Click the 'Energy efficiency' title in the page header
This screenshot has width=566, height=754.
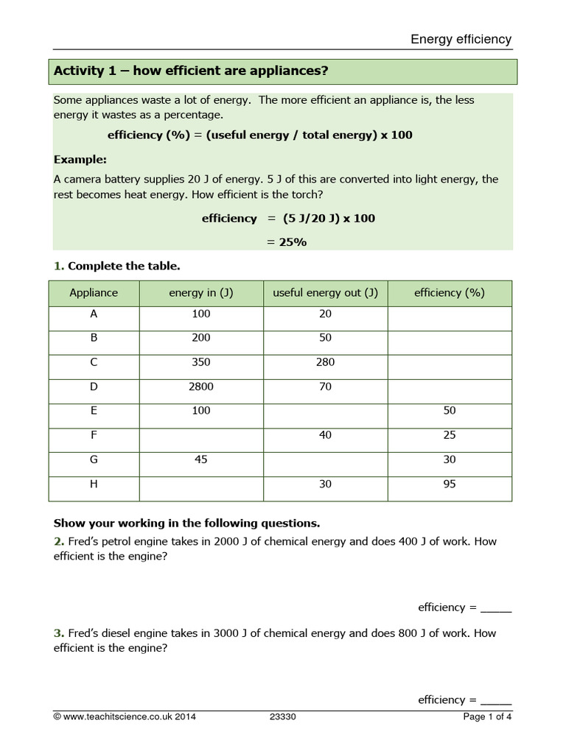(461, 39)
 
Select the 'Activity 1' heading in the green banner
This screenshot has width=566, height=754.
(191, 71)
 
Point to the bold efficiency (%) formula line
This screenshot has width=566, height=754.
(259, 135)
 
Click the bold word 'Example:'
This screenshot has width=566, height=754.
(80, 160)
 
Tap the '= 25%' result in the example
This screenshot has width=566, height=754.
(286, 242)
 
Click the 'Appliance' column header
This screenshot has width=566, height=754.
(94, 292)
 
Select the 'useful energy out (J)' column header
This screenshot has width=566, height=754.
(325, 292)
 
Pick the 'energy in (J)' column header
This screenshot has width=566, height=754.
(200, 292)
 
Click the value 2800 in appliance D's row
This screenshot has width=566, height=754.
(200, 387)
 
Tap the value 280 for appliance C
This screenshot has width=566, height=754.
(325, 362)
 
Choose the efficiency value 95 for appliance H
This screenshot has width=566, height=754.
(450, 484)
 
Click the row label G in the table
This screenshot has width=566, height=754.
(94, 459)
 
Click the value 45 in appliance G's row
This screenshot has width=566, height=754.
(200, 459)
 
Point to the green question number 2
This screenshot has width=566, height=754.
(57, 541)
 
